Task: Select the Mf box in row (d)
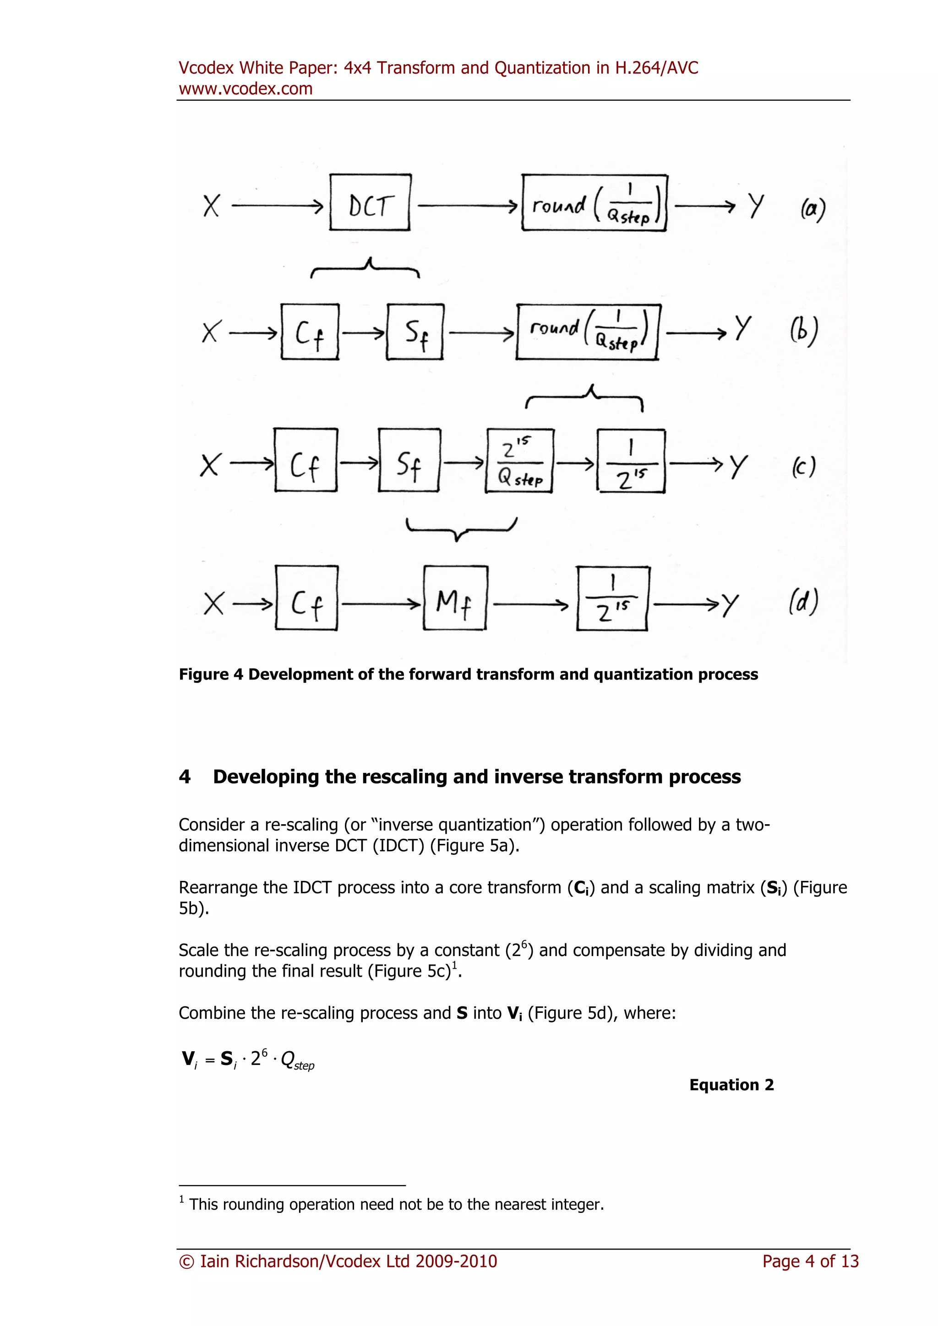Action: [x=455, y=598]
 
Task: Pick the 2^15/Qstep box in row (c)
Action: [x=520, y=461]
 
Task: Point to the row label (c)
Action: [x=803, y=467]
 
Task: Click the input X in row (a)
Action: [x=212, y=206]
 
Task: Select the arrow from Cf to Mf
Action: [x=381, y=604]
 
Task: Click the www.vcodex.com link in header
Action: [x=245, y=89]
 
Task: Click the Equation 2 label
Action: [x=731, y=1085]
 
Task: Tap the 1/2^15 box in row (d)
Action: [x=613, y=599]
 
